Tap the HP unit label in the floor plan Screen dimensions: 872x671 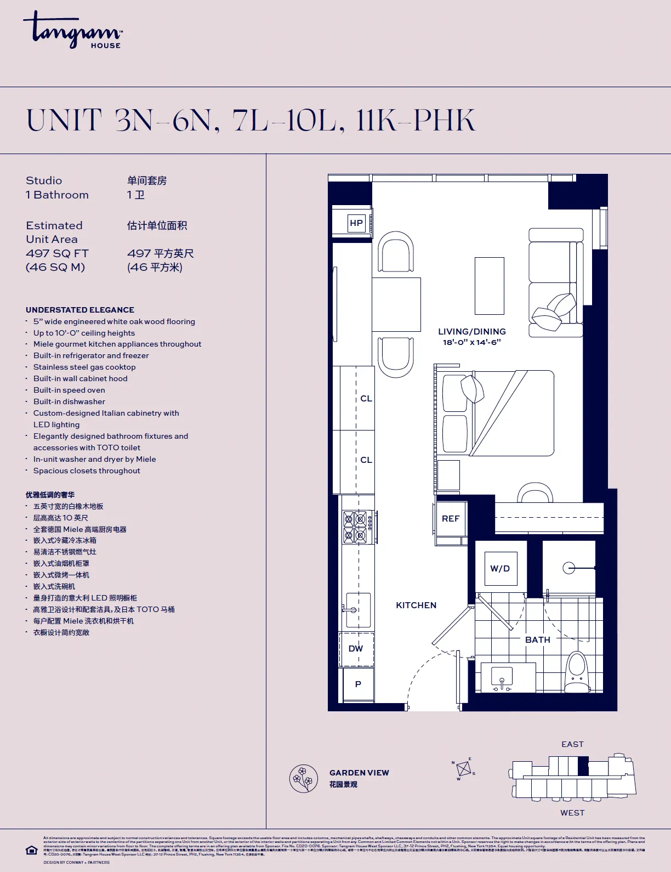356,223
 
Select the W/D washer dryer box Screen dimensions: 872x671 500,569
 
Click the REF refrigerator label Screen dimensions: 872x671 451,519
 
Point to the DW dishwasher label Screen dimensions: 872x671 356,649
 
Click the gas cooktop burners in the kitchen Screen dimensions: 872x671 355,527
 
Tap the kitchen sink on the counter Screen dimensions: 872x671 357,610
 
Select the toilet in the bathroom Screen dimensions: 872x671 577,672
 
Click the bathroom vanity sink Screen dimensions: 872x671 502,677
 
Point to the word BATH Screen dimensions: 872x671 537,640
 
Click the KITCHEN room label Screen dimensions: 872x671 416,605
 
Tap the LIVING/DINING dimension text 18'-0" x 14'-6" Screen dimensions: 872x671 471,342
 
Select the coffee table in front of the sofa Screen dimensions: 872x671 489,286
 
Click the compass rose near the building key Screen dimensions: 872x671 464,769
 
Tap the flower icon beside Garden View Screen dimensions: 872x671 304,778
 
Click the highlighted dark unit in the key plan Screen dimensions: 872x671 583,766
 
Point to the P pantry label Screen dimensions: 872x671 358,684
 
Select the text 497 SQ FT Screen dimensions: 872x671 57,253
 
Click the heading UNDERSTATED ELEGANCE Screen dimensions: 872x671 80,310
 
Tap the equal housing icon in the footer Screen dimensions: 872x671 32,850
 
